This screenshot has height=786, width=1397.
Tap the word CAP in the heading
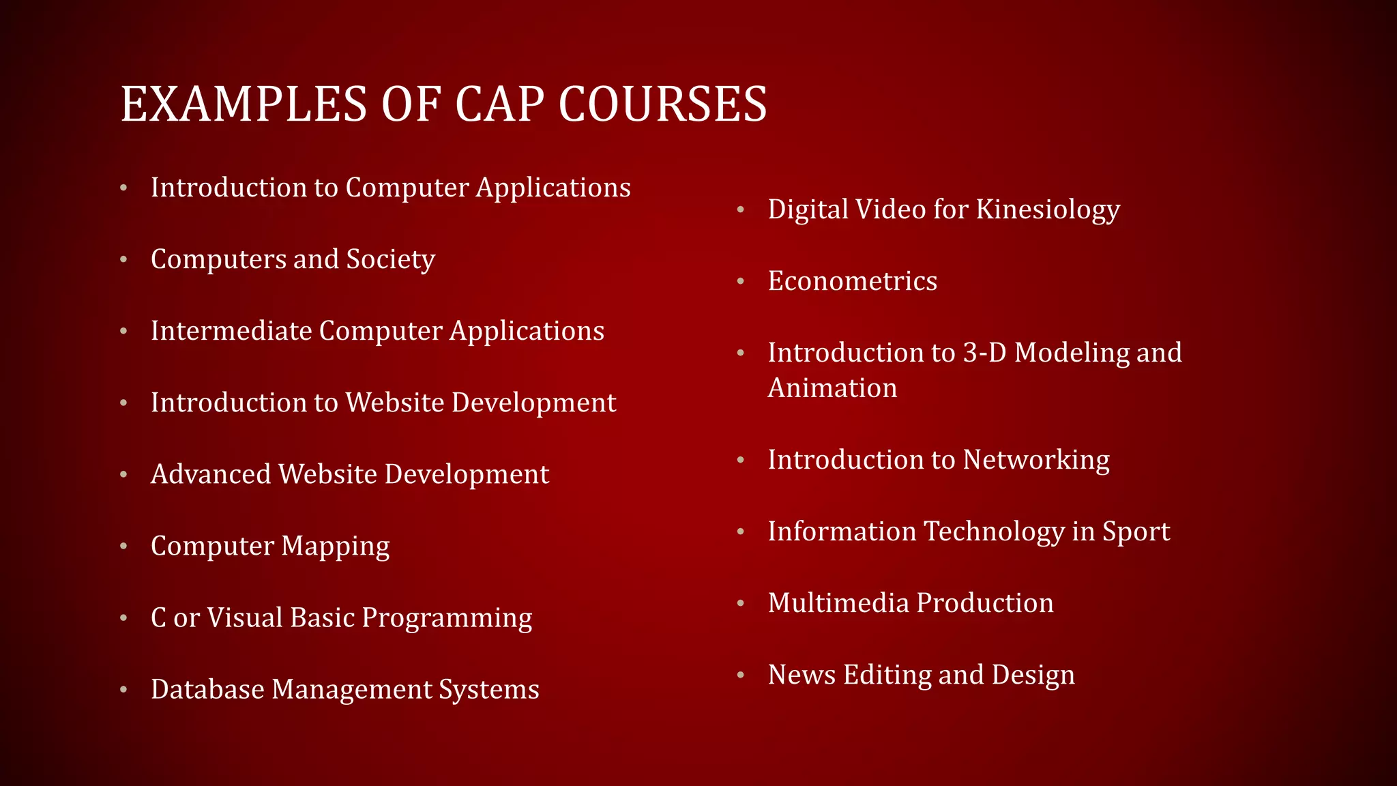click(x=499, y=104)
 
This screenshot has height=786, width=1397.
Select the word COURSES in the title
click(x=662, y=104)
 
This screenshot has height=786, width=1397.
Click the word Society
click(x=390, y=260)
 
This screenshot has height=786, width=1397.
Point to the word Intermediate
click(x=231, y=331)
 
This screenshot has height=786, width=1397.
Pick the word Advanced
click(x=210, y=474)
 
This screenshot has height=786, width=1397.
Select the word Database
click(x=207, y=689)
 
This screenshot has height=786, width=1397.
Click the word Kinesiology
click(x=1048, y=209)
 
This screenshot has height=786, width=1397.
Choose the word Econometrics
click(x=852, y=281)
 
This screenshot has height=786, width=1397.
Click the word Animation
click(x=832, y=388)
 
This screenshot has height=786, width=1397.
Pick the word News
click(x=802, y=675)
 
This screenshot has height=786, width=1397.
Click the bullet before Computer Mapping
click(x=123, y=546)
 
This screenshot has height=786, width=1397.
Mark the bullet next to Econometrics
click(x=741, y=281)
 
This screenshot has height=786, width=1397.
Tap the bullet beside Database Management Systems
click(x=123, y=689)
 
